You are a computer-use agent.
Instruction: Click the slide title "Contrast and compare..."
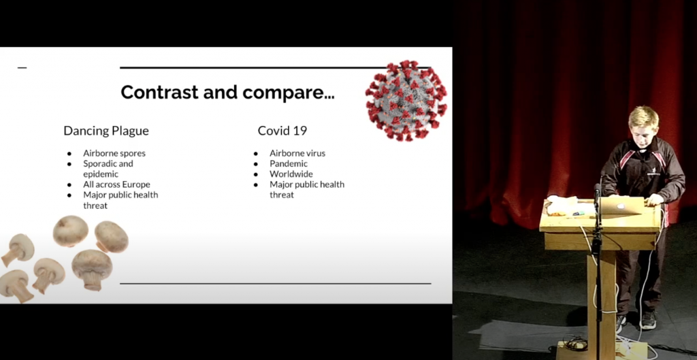click(x=227, y=93)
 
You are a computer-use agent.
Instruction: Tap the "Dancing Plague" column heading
click(x=106, y=131)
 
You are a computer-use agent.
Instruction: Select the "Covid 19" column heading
click(x=282, y=131)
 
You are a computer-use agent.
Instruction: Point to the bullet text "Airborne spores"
click(x=114, y=153)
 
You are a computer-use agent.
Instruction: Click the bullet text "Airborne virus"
click(x=297, y=153)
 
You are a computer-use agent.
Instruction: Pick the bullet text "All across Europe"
click(x=116, y=184)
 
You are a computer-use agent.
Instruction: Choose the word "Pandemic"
click(x=289, y=163)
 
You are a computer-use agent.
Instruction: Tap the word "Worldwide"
click(x=291, y=174)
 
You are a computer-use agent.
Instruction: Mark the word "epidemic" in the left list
click(x=101, y=174)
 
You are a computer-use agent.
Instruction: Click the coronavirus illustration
click(x=406, y=101)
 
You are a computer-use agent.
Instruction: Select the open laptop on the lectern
click(x=621, y=207)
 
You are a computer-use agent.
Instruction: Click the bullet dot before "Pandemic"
click(x=256, y=164)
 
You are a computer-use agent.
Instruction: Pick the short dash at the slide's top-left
click(x=22, y=68)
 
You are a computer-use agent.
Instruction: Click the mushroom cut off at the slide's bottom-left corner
click(x=16, y=286)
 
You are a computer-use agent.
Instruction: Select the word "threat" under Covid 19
click(x=282, y=195)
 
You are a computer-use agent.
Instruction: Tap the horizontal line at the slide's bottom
click(x=276, y=283)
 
